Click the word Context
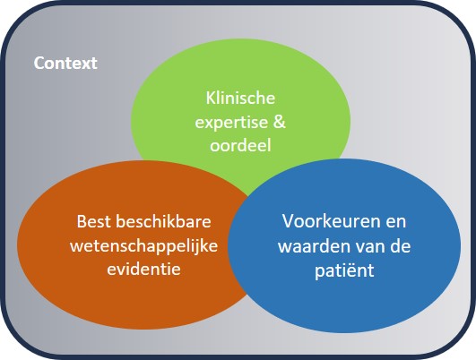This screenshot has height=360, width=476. tap(65, 64)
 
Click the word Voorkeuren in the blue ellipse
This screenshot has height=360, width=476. tap(324, 220)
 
